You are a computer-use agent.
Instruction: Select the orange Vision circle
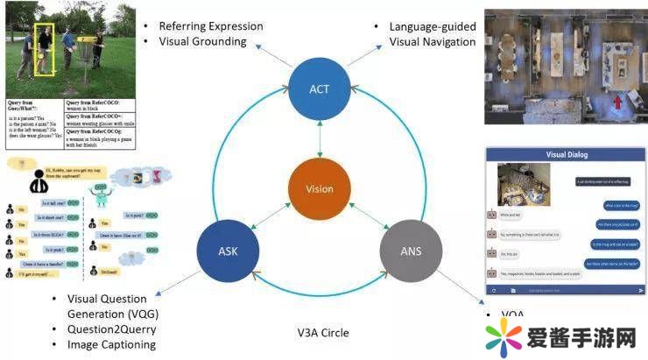pos(319,188)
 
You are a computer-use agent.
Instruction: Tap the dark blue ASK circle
pos(228,251)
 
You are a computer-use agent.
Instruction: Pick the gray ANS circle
pos(410,251)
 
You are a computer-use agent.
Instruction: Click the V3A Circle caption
pos(322,333)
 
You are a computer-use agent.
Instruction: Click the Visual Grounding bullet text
pos(202,42)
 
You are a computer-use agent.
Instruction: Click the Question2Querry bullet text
pos(111,329)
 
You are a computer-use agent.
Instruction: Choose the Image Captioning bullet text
pos(111,344)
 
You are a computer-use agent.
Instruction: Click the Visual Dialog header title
pos(567,155)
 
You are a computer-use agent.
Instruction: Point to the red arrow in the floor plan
pos(619,102)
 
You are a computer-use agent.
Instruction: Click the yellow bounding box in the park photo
pos(45,49)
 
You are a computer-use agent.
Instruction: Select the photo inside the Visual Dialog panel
pos(524,186)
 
